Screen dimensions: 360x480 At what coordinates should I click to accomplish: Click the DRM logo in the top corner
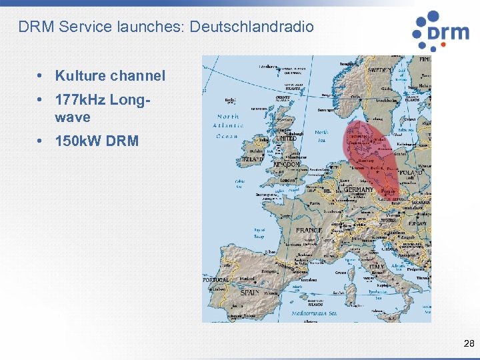pyautogui.click(x=441, y=31)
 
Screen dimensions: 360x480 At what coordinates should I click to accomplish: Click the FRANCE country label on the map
pyautogui.click(x=309, y=231)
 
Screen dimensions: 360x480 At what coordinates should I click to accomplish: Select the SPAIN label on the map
pyautogui.click(x=249, y=292)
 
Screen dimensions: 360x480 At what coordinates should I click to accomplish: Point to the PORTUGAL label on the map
pyautogui.click(x=215, y=280)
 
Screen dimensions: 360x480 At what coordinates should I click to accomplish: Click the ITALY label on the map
pyautogui.click(x=377, y=266)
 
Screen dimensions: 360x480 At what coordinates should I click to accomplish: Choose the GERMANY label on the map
pyautogui.click(x=358, y=189)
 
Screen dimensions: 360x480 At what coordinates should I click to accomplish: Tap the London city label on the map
pyautogui.click(x=288, y=180)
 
